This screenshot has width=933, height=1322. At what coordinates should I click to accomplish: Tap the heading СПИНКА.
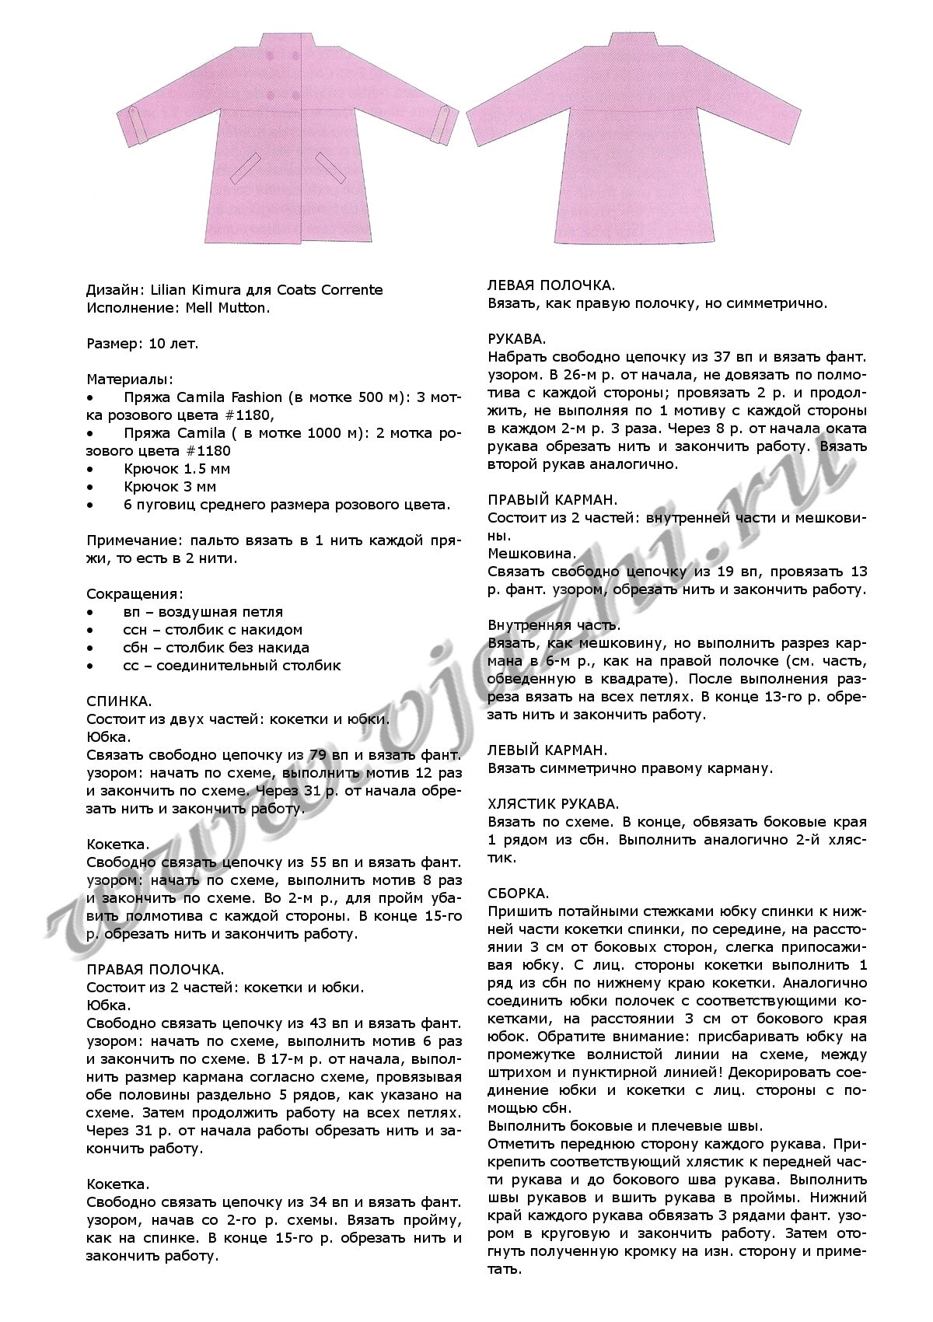[x=119, y=701]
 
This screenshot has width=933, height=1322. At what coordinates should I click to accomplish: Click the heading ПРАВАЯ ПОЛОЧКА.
[x=155, y=970]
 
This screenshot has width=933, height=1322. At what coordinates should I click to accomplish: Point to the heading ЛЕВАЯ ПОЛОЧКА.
[x=551, y=285]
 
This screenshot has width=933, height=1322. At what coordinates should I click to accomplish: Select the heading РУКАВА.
[x=516, y=339]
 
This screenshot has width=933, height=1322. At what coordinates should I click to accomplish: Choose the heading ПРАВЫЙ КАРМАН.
[x=553, y=500]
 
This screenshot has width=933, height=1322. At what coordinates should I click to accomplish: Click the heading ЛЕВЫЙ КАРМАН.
[x=547, y=750]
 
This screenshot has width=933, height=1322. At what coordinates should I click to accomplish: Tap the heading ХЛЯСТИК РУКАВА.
[x=553, y=804]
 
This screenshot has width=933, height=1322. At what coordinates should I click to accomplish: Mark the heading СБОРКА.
[x=519, y=894]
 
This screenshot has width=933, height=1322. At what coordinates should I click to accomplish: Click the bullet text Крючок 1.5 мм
[x=176, y=469]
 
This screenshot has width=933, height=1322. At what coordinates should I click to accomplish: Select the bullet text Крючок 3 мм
[x=169, y=487]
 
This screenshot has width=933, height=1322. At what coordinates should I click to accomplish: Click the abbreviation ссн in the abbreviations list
[x=135, y=630]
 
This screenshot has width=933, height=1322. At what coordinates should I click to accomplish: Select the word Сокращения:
[x=134, y=594]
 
